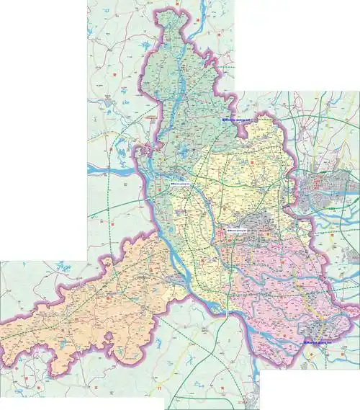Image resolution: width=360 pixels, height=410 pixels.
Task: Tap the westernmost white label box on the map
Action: coord(181,186)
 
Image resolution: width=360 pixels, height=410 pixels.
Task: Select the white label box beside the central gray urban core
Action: coord(237,230)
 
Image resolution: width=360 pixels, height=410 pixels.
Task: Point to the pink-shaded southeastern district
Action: coord(288,288)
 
